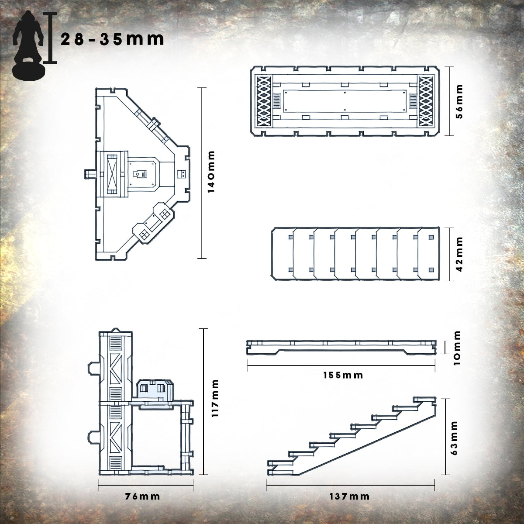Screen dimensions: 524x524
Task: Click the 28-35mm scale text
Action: pos(112,40)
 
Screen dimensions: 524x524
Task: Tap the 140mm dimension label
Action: pos(211,172)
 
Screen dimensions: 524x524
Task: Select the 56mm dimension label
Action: pos(459,101)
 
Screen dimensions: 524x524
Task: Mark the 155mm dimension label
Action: pos(343,375)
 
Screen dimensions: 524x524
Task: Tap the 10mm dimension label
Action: pos(458,348)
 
